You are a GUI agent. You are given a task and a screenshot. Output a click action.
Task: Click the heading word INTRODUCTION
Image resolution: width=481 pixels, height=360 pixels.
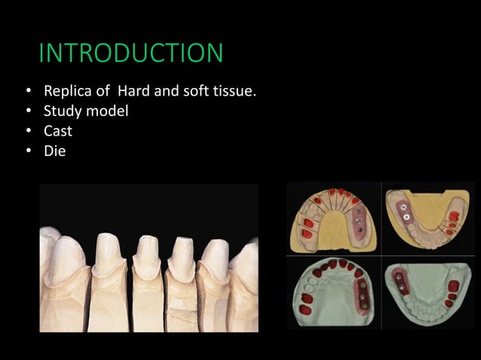pos(130,53)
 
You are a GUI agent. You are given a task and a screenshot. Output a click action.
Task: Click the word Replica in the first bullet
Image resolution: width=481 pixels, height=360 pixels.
pos(68,92)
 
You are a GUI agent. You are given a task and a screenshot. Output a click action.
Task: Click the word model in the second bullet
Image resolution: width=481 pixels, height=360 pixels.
pos(108,111)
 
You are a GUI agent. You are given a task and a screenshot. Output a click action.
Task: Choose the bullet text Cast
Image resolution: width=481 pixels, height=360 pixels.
pos(59,131)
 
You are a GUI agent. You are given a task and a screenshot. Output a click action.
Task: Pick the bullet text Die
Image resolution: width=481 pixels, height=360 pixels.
pos(55,151)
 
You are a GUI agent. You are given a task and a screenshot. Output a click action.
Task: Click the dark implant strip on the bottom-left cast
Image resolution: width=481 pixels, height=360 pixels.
pos(364,296)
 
